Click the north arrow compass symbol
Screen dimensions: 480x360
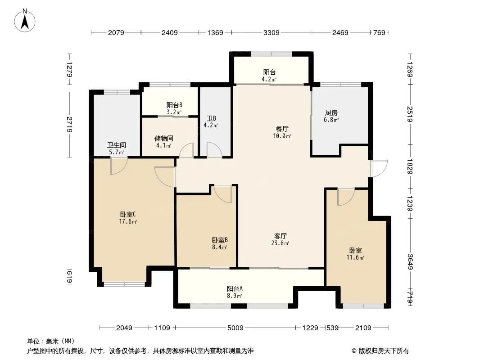pyautogui.click(x=25, y=21)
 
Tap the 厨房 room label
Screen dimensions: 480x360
pyautogui.click(x=331, y=113)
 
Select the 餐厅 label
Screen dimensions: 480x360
pyautogui.click(x=282, y=129)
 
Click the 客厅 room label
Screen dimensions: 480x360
pyautogui.click(x=280, y=236)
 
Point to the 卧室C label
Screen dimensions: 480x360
pyautogui.click(x=128, y=214)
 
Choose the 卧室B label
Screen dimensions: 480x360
pyautogui.click(x=219, y=240)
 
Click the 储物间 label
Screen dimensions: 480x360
pyautogui.click(x=164, y=138)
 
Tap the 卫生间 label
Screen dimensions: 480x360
pyautogui.click(x=116, y=145)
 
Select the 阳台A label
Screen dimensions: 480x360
pyautogui.click(x=235, y=288)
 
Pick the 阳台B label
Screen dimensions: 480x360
pyautogui.click(x=174, y=105)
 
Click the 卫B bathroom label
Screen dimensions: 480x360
pyautogui.click(x=211, y=118)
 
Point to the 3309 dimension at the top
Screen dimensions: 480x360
pyautogui.click(x=271, y=32)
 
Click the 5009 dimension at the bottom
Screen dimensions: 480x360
pyautogui.click(x=235, y=328)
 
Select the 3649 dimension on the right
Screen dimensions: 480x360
pyautogui.click(x=410, y=262)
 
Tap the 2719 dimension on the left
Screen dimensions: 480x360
pyautogui.click(x=70, y=125)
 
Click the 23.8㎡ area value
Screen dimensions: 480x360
pyautogui.click(x=280, y=243)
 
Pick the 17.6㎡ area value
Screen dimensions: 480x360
pyautogui.click(x=128, y=222)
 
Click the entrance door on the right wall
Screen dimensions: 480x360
pyautogui.click(x=379, y=169)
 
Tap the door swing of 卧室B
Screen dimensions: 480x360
pyautogui.click(x=223, y=193)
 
